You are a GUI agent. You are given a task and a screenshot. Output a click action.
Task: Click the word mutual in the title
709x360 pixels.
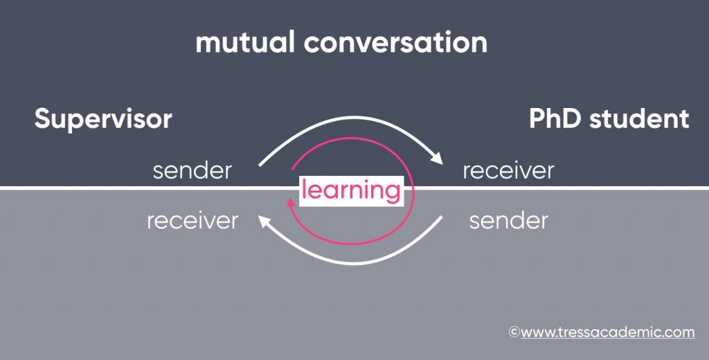[245, 42]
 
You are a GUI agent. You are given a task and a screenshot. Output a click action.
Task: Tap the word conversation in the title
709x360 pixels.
[395, 42]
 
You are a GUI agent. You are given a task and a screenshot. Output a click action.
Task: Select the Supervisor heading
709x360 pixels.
[103, 120]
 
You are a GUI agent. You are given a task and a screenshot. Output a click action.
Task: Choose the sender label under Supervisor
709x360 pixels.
[192, 171]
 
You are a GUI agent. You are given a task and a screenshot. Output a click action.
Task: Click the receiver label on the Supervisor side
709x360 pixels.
[192, 221]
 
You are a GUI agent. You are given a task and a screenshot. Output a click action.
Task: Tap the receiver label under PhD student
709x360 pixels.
[508, 171]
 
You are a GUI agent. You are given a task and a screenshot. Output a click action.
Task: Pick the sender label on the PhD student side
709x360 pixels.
[509, 221]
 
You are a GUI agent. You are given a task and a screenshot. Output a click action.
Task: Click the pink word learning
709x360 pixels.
[351, 191]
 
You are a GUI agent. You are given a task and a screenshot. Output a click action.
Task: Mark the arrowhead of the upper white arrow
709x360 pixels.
[437, 159]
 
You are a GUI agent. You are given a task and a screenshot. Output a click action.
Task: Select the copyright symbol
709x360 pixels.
[514, 332]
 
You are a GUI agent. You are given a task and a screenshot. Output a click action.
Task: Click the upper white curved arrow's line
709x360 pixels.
[350, 117]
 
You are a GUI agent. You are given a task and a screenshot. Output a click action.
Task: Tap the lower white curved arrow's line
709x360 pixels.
[350, 263]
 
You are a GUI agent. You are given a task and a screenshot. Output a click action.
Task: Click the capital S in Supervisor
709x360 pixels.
[42, 119]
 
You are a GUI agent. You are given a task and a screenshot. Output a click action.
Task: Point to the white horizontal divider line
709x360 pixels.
[354, 188]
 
